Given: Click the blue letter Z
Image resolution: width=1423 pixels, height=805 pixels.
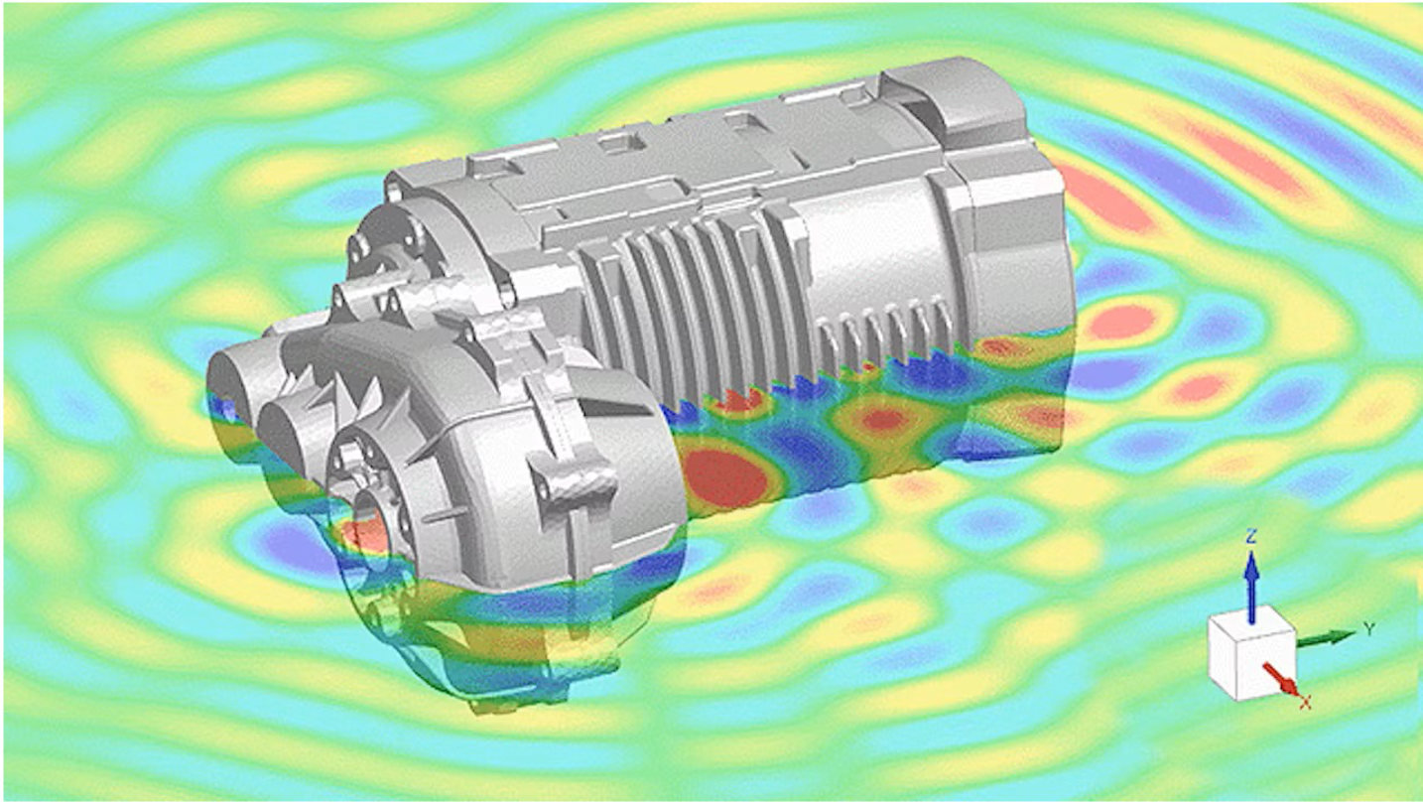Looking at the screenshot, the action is (1251, 537).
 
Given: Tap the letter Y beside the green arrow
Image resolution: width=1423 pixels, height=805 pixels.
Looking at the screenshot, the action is (1369, 629).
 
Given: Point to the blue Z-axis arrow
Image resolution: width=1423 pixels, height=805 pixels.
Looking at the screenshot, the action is (1251, 588).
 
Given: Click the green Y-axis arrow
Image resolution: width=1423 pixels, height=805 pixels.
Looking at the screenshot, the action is (1327, 638).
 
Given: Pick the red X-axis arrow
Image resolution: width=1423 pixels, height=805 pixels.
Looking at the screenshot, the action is (1280, 679).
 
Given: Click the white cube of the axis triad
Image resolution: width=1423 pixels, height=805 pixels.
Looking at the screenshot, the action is (1251, 653).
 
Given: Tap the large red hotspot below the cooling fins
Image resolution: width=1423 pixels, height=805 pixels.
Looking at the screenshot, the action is (724, 476).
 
